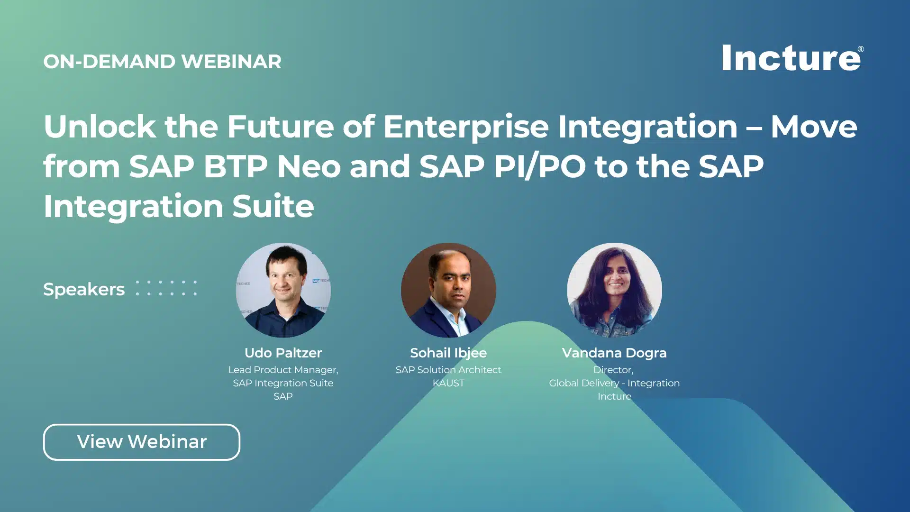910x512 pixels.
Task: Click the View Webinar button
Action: point(141,442)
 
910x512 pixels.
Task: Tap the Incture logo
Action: point(791,58)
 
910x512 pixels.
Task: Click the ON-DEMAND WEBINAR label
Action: point(162,62)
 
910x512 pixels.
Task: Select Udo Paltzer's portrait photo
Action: point(283,290)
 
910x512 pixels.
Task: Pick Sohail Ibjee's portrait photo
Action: point(448,290)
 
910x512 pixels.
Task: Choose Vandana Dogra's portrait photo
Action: point(614,290)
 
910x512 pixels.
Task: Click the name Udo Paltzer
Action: point(283,353)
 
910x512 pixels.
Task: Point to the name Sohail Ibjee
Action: point(448,353)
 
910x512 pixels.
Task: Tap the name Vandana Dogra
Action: point(614,353)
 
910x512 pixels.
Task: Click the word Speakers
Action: point(84,289)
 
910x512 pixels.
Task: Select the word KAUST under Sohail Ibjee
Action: point(448,383)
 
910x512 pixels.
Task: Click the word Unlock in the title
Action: point(100,127)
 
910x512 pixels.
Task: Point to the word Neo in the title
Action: point(309,166)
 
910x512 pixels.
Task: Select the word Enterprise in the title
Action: point(466,127)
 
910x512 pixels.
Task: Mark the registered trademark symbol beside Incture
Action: point(861,49)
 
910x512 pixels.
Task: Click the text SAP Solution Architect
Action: point(448,370)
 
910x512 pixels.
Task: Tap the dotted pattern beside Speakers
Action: point(166,288)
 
